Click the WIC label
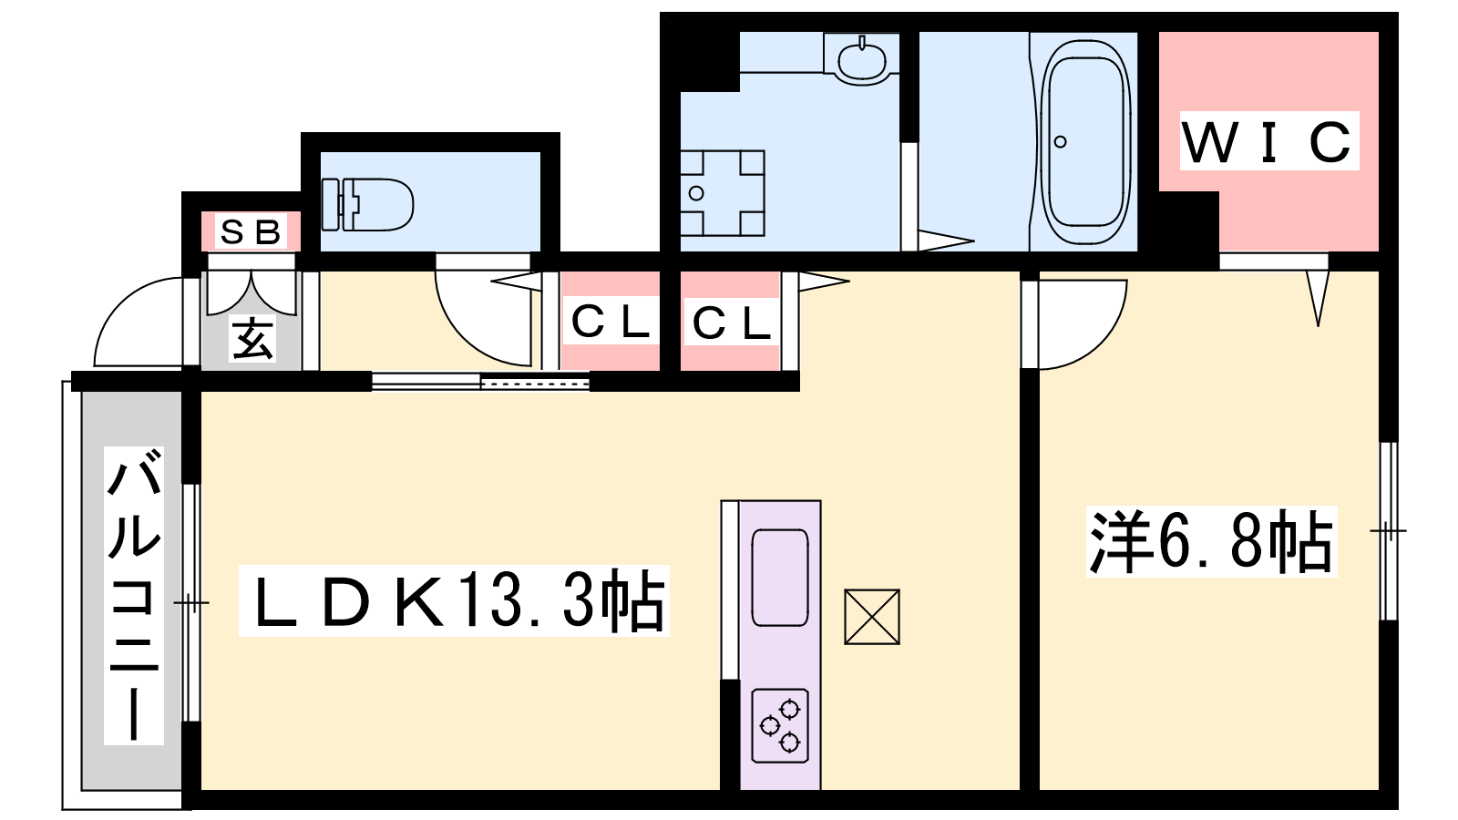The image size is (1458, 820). tap(1268, 141)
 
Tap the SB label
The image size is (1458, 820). tap(251, 231)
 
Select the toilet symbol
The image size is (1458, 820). tap(368, 204)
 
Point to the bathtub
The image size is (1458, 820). tap(1085, 142)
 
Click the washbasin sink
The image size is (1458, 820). tap(862, 59)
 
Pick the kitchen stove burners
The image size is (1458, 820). tap(780, 725)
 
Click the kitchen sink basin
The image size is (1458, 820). tap(780, 578)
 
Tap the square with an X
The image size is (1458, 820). tap(872, 617)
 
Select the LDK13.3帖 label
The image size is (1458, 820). tap(455, 600)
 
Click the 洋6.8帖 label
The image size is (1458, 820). tap(1211, 541)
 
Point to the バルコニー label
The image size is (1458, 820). tap(133, 595)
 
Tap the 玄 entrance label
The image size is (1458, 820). tap(252, 338)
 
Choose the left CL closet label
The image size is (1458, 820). tap(610, 322)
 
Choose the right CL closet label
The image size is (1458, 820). tap(731, 323)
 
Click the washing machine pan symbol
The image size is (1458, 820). tap(723, 193)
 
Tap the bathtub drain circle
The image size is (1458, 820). tap(1061, 142)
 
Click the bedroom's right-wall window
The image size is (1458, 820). tap(1389, 531)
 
